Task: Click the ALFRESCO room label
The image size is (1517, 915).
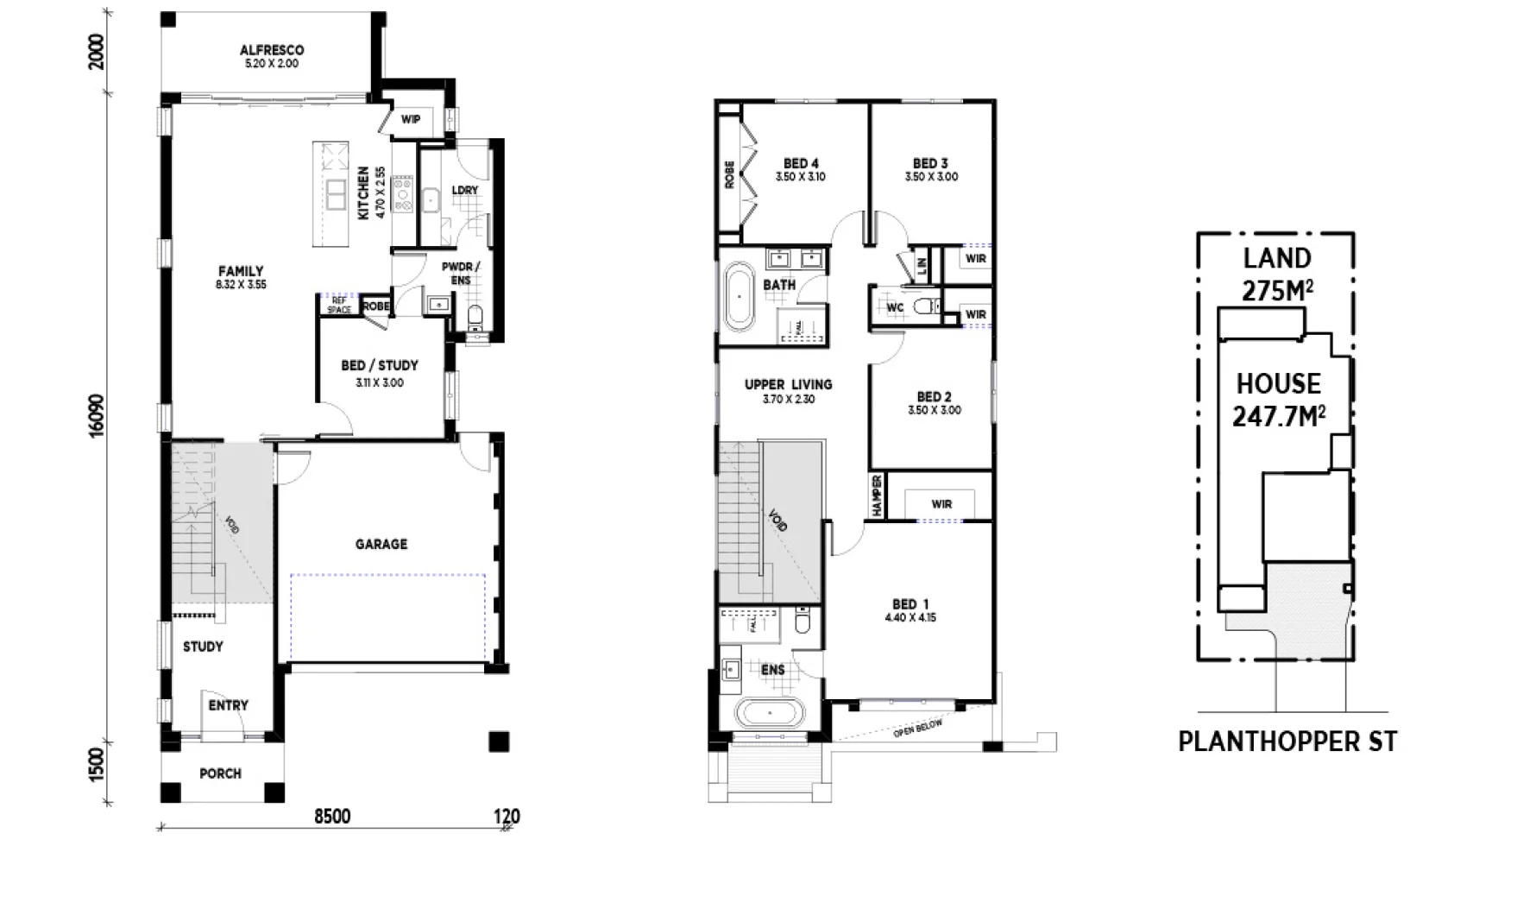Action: [271, 51]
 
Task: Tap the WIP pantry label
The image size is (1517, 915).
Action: [411, 119]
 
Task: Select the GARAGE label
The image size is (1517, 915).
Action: [381, 544]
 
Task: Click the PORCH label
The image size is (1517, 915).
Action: [220, 773]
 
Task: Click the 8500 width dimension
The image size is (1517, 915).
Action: [331, 817]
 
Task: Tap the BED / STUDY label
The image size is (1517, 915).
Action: [379, 366]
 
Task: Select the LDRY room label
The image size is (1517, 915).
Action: [464, 190]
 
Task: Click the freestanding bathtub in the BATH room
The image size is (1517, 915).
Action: [740, 296]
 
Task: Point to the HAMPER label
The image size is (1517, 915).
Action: [877, 495]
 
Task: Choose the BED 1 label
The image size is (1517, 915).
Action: [910, 604]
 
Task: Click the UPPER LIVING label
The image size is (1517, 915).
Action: [788, 385]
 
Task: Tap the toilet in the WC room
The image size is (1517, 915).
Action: [927, 305]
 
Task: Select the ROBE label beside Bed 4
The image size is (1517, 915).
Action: [729, 174]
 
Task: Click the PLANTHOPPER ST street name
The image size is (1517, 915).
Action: [1287, 741]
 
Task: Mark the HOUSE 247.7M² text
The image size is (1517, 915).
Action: [1278, 400]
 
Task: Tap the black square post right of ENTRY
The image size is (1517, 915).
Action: [499, 741]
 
